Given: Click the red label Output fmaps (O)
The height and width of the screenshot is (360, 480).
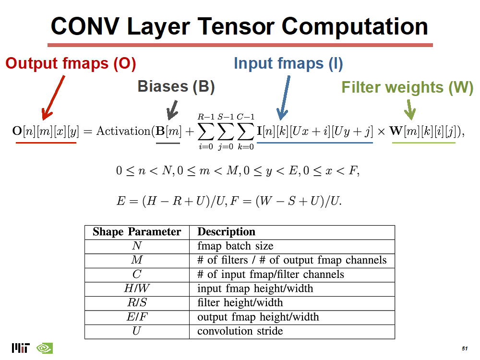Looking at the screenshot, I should [71, 64].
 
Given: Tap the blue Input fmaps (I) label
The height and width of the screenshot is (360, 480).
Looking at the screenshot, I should [288, 63].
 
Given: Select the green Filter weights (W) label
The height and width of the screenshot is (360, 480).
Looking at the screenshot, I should [407, 87].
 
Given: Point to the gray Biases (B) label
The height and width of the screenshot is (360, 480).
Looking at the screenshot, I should [176, 86].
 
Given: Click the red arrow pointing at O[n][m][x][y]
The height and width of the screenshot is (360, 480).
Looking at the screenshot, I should [54, 98].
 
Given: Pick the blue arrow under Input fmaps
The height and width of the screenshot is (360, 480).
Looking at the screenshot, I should [284, 98].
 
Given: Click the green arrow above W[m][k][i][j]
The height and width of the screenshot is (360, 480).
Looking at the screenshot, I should [409, 109].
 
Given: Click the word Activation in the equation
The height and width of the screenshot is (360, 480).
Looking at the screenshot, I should [123, 131].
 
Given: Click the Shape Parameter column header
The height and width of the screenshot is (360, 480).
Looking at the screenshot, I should [137, 232].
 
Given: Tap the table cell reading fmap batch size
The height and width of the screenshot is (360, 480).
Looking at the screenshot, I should [235, 246].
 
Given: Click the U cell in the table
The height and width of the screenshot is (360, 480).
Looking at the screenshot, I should [137, 331].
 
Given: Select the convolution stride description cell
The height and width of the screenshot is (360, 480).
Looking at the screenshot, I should [240, 331].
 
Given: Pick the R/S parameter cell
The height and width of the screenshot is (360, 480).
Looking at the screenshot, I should [137, 303].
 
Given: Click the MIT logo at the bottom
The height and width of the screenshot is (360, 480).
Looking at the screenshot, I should [21, 348].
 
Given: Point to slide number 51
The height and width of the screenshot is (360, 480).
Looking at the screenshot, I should [464, 348].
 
